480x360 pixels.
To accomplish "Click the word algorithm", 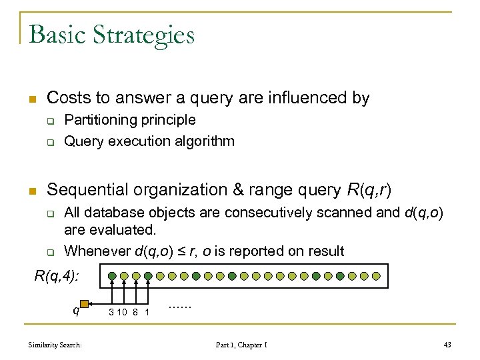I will pyautogui.click(x=204, y=141).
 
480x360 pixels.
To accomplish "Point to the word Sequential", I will pyautogui.click(x=89, y=190).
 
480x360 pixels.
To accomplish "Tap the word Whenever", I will pyautogui.click(x=97, y=251).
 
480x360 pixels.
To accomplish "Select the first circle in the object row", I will pyautogui.click(x=112, y=275).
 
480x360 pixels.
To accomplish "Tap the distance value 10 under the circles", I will pyautogui.click(x=123, y=311).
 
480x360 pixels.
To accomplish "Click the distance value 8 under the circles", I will pyautogui.click(x=135, y=311).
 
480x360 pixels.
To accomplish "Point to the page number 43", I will pyautogui.click(x=447, y=345).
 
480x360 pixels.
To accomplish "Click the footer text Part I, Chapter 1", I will pyautogui.click(x=241, y=345).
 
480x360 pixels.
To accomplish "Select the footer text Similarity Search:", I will pyautogui.click(x=55, y=345).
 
